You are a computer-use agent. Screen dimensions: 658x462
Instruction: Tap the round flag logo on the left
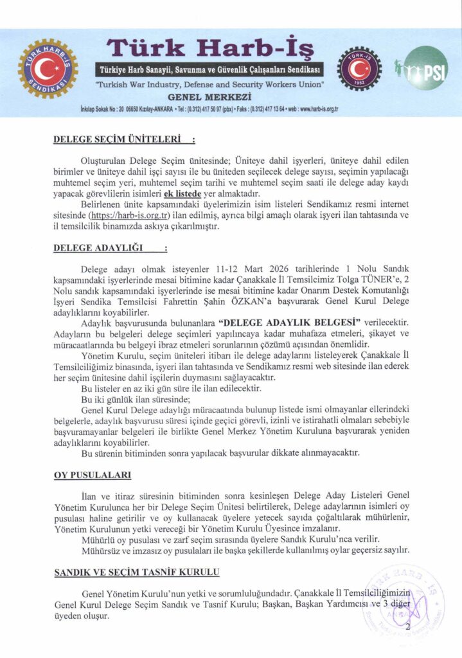[48, 69]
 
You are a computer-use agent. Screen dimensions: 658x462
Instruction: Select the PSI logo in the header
[428, 69]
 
